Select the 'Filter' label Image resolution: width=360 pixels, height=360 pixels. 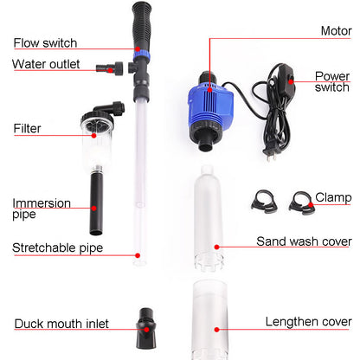[27, 129]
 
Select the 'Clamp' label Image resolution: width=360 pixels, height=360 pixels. [332, 196]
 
